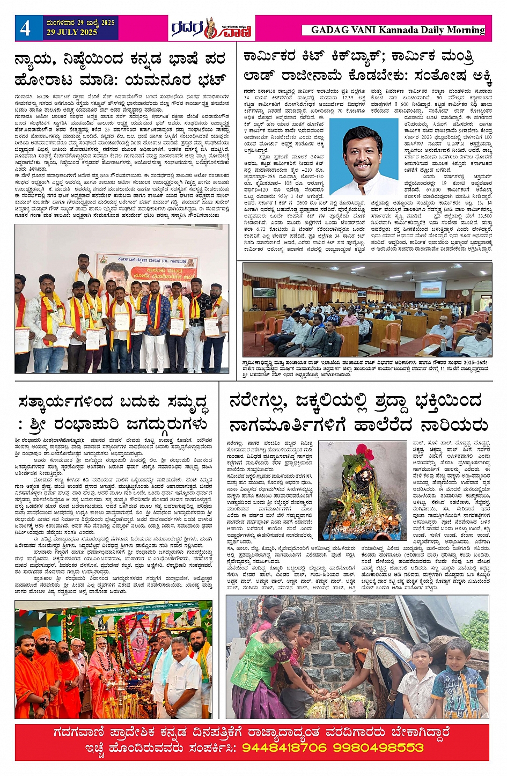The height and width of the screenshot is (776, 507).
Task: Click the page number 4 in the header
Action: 25,28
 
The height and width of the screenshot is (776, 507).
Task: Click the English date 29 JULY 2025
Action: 72,32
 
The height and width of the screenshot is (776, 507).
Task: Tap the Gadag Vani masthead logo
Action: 211,28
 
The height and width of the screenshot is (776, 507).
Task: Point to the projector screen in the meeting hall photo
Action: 430,289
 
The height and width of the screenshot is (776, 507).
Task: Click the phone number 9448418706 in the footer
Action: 284,748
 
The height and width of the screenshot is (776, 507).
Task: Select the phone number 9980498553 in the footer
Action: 378,748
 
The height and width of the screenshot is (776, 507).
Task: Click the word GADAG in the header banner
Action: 329,31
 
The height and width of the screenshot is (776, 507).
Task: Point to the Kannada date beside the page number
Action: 80,23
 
